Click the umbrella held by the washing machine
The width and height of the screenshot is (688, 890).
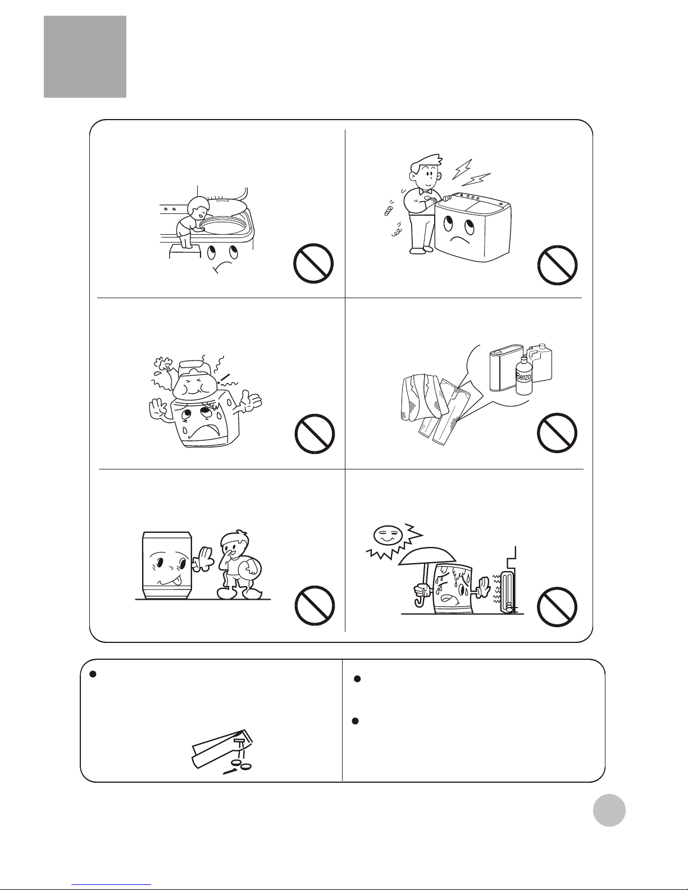427,565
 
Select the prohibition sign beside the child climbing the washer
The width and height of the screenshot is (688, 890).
313,263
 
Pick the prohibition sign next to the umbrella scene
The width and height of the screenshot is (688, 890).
557,607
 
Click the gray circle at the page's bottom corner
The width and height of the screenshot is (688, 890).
609,810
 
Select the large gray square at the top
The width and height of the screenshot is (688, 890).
85,57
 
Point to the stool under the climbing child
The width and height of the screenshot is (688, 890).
185,250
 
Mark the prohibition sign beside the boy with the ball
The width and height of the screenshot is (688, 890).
315,606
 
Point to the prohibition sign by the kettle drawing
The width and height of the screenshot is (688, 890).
315,434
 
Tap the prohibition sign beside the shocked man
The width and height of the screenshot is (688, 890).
557,265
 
